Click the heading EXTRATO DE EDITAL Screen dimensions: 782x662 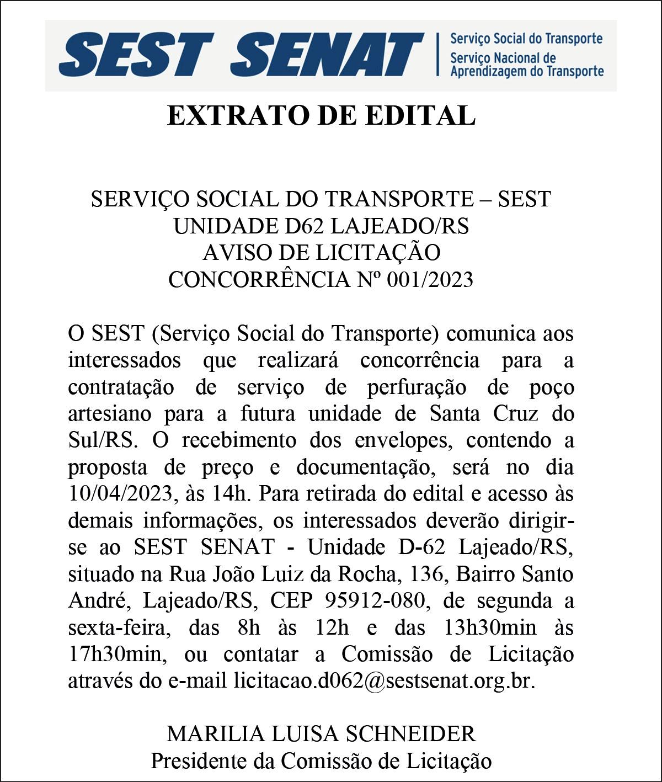[321, 115]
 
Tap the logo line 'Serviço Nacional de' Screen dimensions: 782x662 [503, 58]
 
